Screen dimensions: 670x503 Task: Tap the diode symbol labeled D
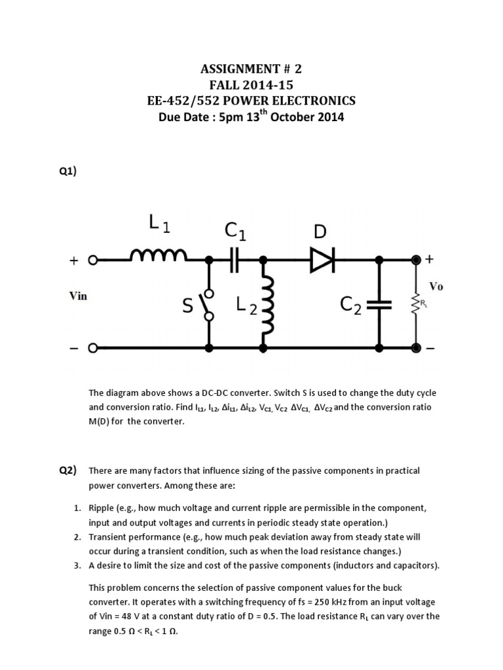[322, 260]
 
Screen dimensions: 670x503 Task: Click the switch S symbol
[209, 304]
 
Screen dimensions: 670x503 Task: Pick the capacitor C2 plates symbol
[379, 304]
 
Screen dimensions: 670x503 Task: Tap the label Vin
[78, 296]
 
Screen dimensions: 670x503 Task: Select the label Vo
[436, 287]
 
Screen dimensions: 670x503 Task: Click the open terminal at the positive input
[93, 260]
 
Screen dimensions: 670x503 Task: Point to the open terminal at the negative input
[93, 347]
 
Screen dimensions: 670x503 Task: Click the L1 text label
[159, 226]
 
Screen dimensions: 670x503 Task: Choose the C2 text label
[350, 306]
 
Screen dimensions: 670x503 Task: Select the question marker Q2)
[67, 470]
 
